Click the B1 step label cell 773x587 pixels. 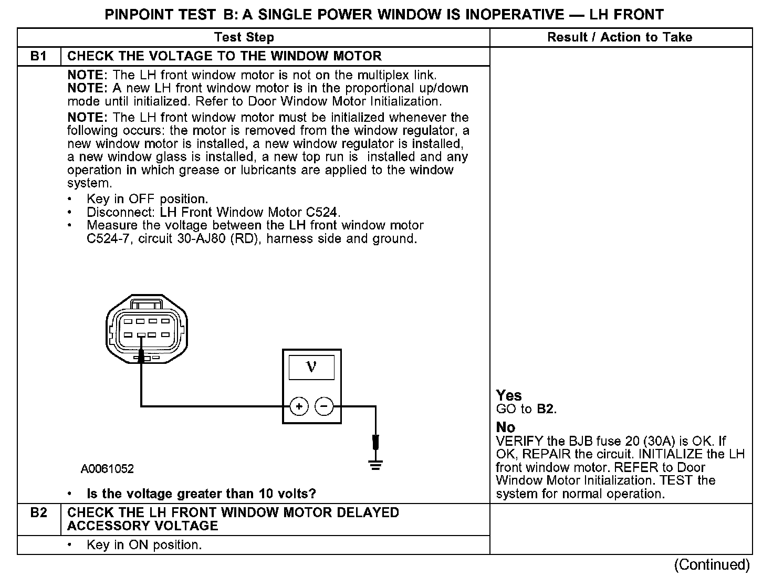pyautogui.click(x=39, y=56)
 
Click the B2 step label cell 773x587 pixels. pyautogui.click(x=39, y=513)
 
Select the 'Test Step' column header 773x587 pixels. pyautogui.click(x=244, y=37)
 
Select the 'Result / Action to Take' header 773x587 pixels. pyautogui.click(x=620, y=37)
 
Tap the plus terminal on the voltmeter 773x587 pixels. pyautogui.click(x=299, y=406)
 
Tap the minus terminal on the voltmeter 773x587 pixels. pyautogui.click(x=323, y=406)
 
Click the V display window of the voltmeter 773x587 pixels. pyautogui.click(x=311, y=368)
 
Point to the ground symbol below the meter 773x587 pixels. pyautogui.click(x=375, y=465)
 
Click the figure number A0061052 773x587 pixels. pyautogui.click(x=107, y=469)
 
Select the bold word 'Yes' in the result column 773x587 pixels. pyautogui.click(x=509, y=395)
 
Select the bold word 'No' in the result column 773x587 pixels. pyautogui.click(x=505, y=427)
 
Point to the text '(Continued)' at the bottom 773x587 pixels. pyautogui.click(x=712, y=565)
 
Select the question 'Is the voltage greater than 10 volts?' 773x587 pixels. pyautogui.click(x=201, y=494)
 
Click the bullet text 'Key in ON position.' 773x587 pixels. pyautogui.click(x=144, y=545)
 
